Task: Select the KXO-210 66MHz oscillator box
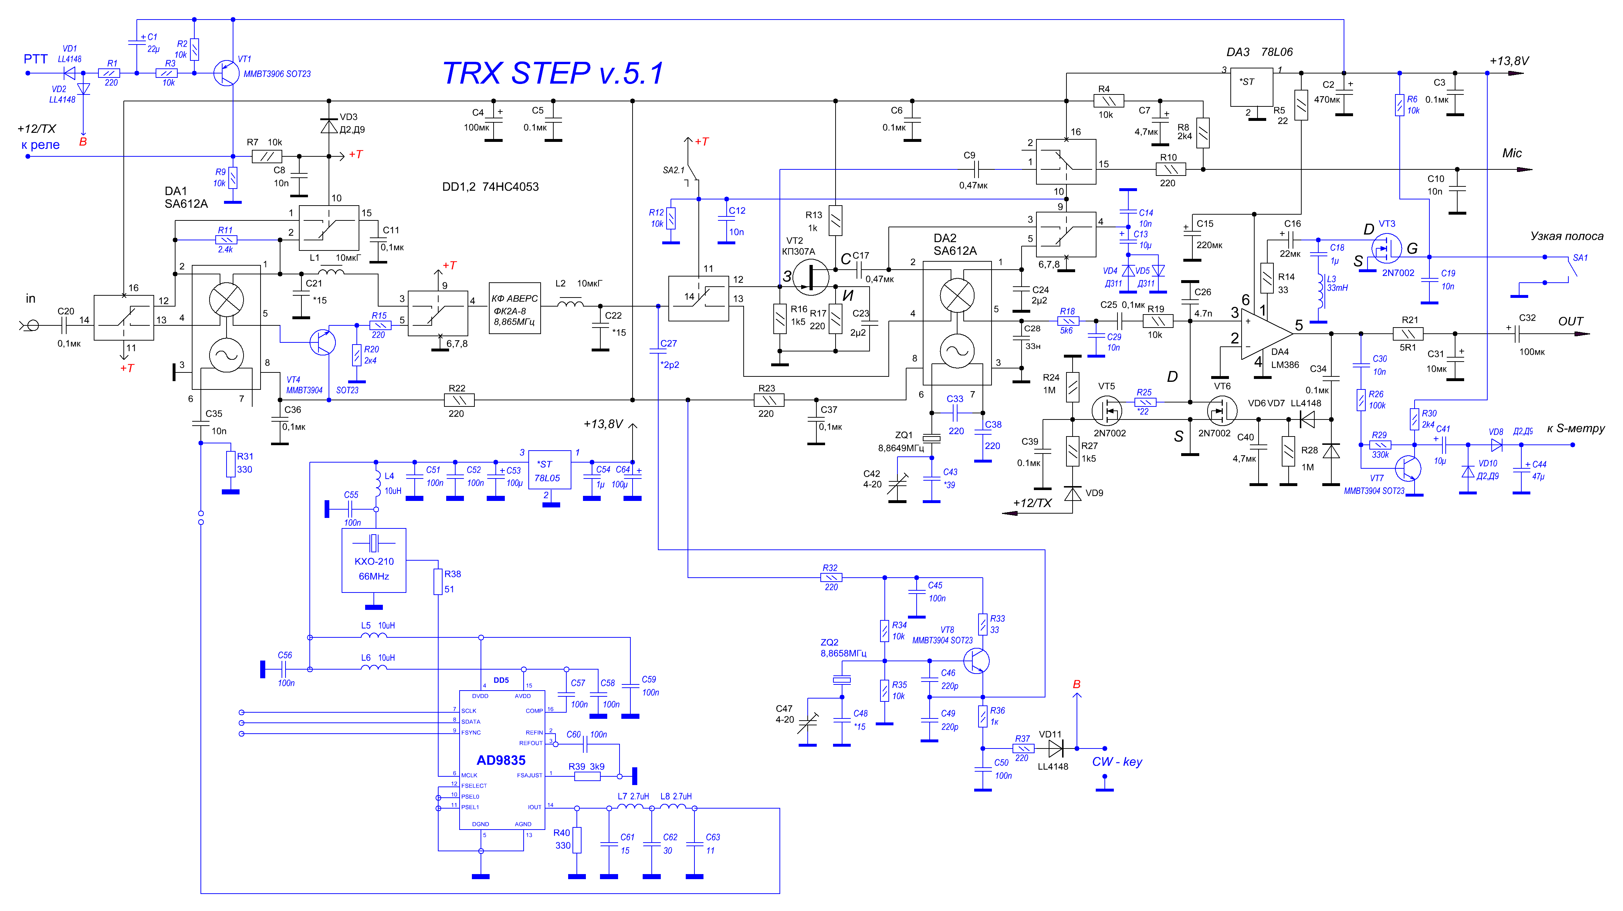(x=373, y=560)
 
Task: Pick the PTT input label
(x=35, y=59)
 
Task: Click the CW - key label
(x=1116, y=761)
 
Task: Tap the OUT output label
(x=1570, y=321)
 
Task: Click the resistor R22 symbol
(x=459, y=400)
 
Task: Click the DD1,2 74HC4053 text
(x=490, y=186)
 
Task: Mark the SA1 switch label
(x=1580, y=258)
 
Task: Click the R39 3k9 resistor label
(x=586, y=767)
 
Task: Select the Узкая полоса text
(x=1567, y=236)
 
